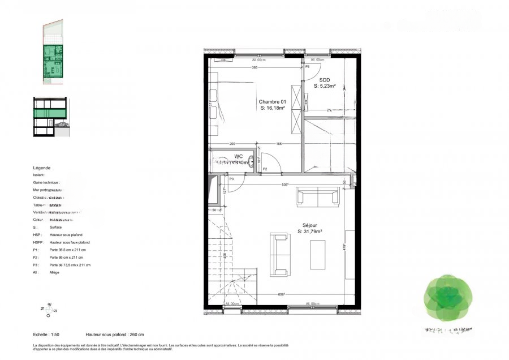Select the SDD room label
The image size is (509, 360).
click(325, 80)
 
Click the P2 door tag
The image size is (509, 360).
click(264, 169)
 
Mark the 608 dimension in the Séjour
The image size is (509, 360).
click(281, 295)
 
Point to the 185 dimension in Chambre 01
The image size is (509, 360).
click(279, 144)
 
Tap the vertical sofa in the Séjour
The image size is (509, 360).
click(279, 254)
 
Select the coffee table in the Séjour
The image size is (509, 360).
click(318, 255)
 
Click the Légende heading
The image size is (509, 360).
click(42, 168)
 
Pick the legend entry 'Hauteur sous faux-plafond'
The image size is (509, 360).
click(70, 242)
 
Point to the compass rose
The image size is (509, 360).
click(48, 308)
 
